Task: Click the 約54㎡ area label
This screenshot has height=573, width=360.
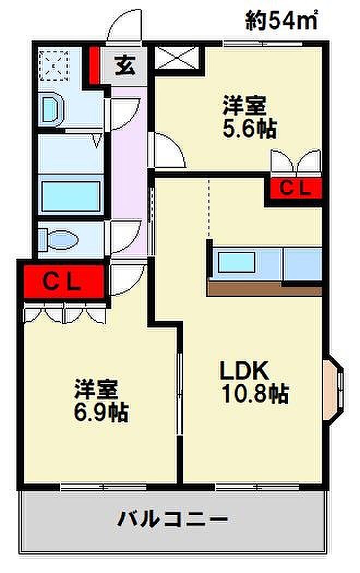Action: click(x=281, y=20)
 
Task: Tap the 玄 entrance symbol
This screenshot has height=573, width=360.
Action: click(x=125, y=66)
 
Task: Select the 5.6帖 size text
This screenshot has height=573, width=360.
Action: click(x=250, y=128)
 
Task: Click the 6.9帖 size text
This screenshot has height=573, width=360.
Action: click(x=101, y=412)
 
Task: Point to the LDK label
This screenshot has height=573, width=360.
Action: click(x=244, y=371)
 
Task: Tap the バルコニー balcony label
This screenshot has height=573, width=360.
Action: click(x=172, y=518)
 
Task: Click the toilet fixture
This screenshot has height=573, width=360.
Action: click(x=58, y=240)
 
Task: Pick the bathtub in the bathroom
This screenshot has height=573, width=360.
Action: click(x=71, y=196)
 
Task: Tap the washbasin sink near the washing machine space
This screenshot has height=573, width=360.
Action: click(x=52, y=109)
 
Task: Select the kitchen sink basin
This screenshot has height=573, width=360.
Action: click(x=236, y=262)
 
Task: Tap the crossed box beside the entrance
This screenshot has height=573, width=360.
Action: click(x=177, y=57)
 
